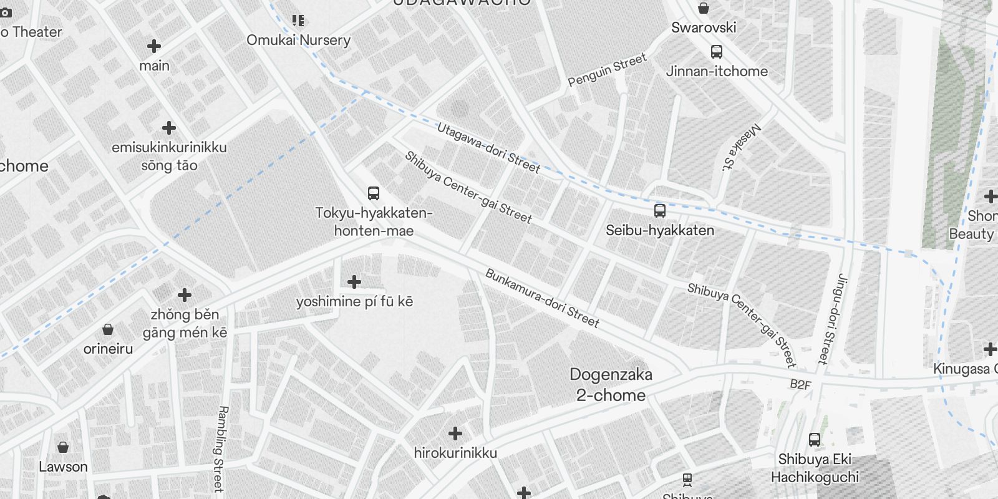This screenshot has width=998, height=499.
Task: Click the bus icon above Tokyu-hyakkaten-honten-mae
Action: (374, 193)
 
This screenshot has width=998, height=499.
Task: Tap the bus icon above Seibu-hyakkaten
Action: (660, 211)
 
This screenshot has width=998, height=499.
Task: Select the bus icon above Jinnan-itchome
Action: (717, 52)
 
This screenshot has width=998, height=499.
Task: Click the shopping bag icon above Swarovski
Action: (704, 8)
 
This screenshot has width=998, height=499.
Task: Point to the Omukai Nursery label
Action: (298, 40)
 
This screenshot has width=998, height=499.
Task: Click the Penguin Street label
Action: (607, 70)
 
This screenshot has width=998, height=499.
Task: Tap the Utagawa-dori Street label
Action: (488, 147)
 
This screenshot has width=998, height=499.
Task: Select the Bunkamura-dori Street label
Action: (542, 298)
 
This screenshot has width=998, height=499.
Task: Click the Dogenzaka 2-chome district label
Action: (611, 384)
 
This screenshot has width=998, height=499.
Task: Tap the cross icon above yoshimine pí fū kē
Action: (354, 282)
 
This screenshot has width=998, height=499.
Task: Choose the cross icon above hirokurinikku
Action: (455, 433)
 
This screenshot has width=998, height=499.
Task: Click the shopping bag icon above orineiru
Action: (108, 329)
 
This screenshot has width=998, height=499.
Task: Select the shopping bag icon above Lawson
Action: (63, 447)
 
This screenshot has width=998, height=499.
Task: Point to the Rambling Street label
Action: (221, 448)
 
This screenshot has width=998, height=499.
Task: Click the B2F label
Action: (800, 384)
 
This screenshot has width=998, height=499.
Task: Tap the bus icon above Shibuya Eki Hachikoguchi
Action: (815, 440)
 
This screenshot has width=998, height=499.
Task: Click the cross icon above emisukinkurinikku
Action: (169, 128)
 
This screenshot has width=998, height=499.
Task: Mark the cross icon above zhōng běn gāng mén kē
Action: (185, 294)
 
